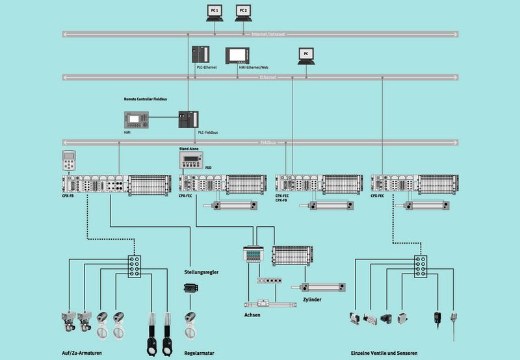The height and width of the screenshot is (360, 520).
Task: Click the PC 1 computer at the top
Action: [x=215, y=12]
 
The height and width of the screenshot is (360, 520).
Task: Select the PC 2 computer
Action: [x=242, y=12]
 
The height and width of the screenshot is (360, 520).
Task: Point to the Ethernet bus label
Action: [x=268, y=77]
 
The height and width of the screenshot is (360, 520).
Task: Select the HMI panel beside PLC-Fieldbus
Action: [x=136, y=119]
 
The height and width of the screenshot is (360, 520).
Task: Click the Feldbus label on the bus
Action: [x=268, y=142]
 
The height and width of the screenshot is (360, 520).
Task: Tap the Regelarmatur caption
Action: [x=199, y=354]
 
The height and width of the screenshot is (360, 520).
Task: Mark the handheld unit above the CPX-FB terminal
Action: [x=70, y=161]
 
